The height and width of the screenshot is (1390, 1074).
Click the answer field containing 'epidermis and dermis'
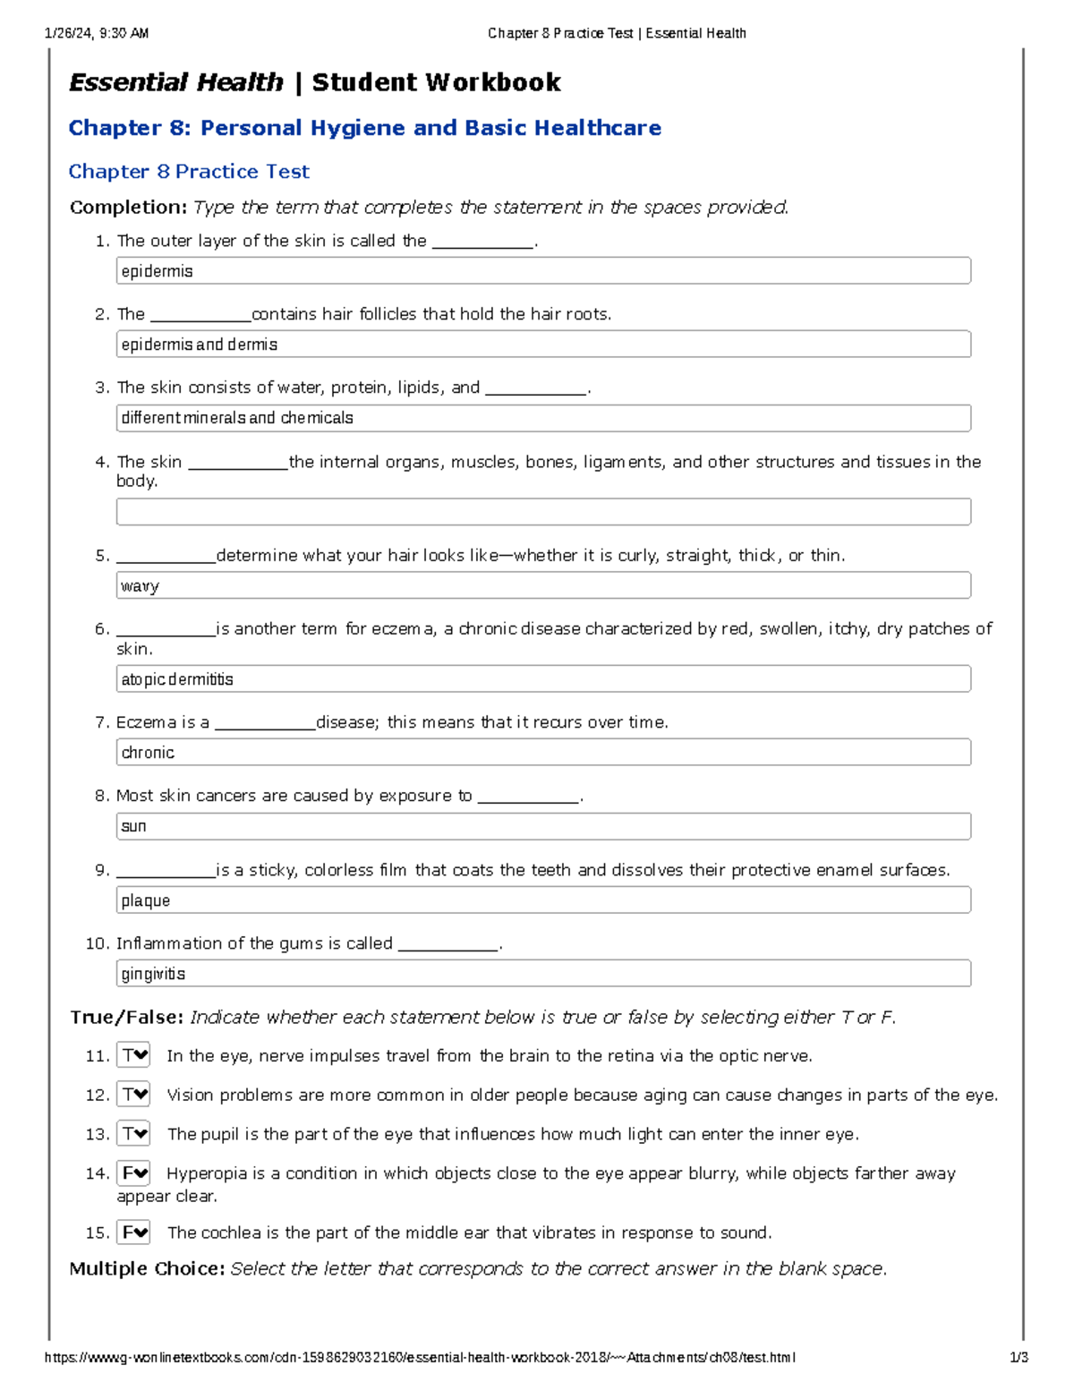[542, 345]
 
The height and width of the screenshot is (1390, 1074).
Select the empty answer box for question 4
[542, 512]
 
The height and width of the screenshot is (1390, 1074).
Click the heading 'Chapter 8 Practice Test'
[189, 172]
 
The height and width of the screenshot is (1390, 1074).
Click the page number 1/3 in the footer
[1019, 1358]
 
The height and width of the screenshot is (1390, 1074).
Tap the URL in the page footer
[420, 1358]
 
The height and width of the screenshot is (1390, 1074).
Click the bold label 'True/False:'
[126, 1018]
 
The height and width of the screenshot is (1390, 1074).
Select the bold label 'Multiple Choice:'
[147, 1269]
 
